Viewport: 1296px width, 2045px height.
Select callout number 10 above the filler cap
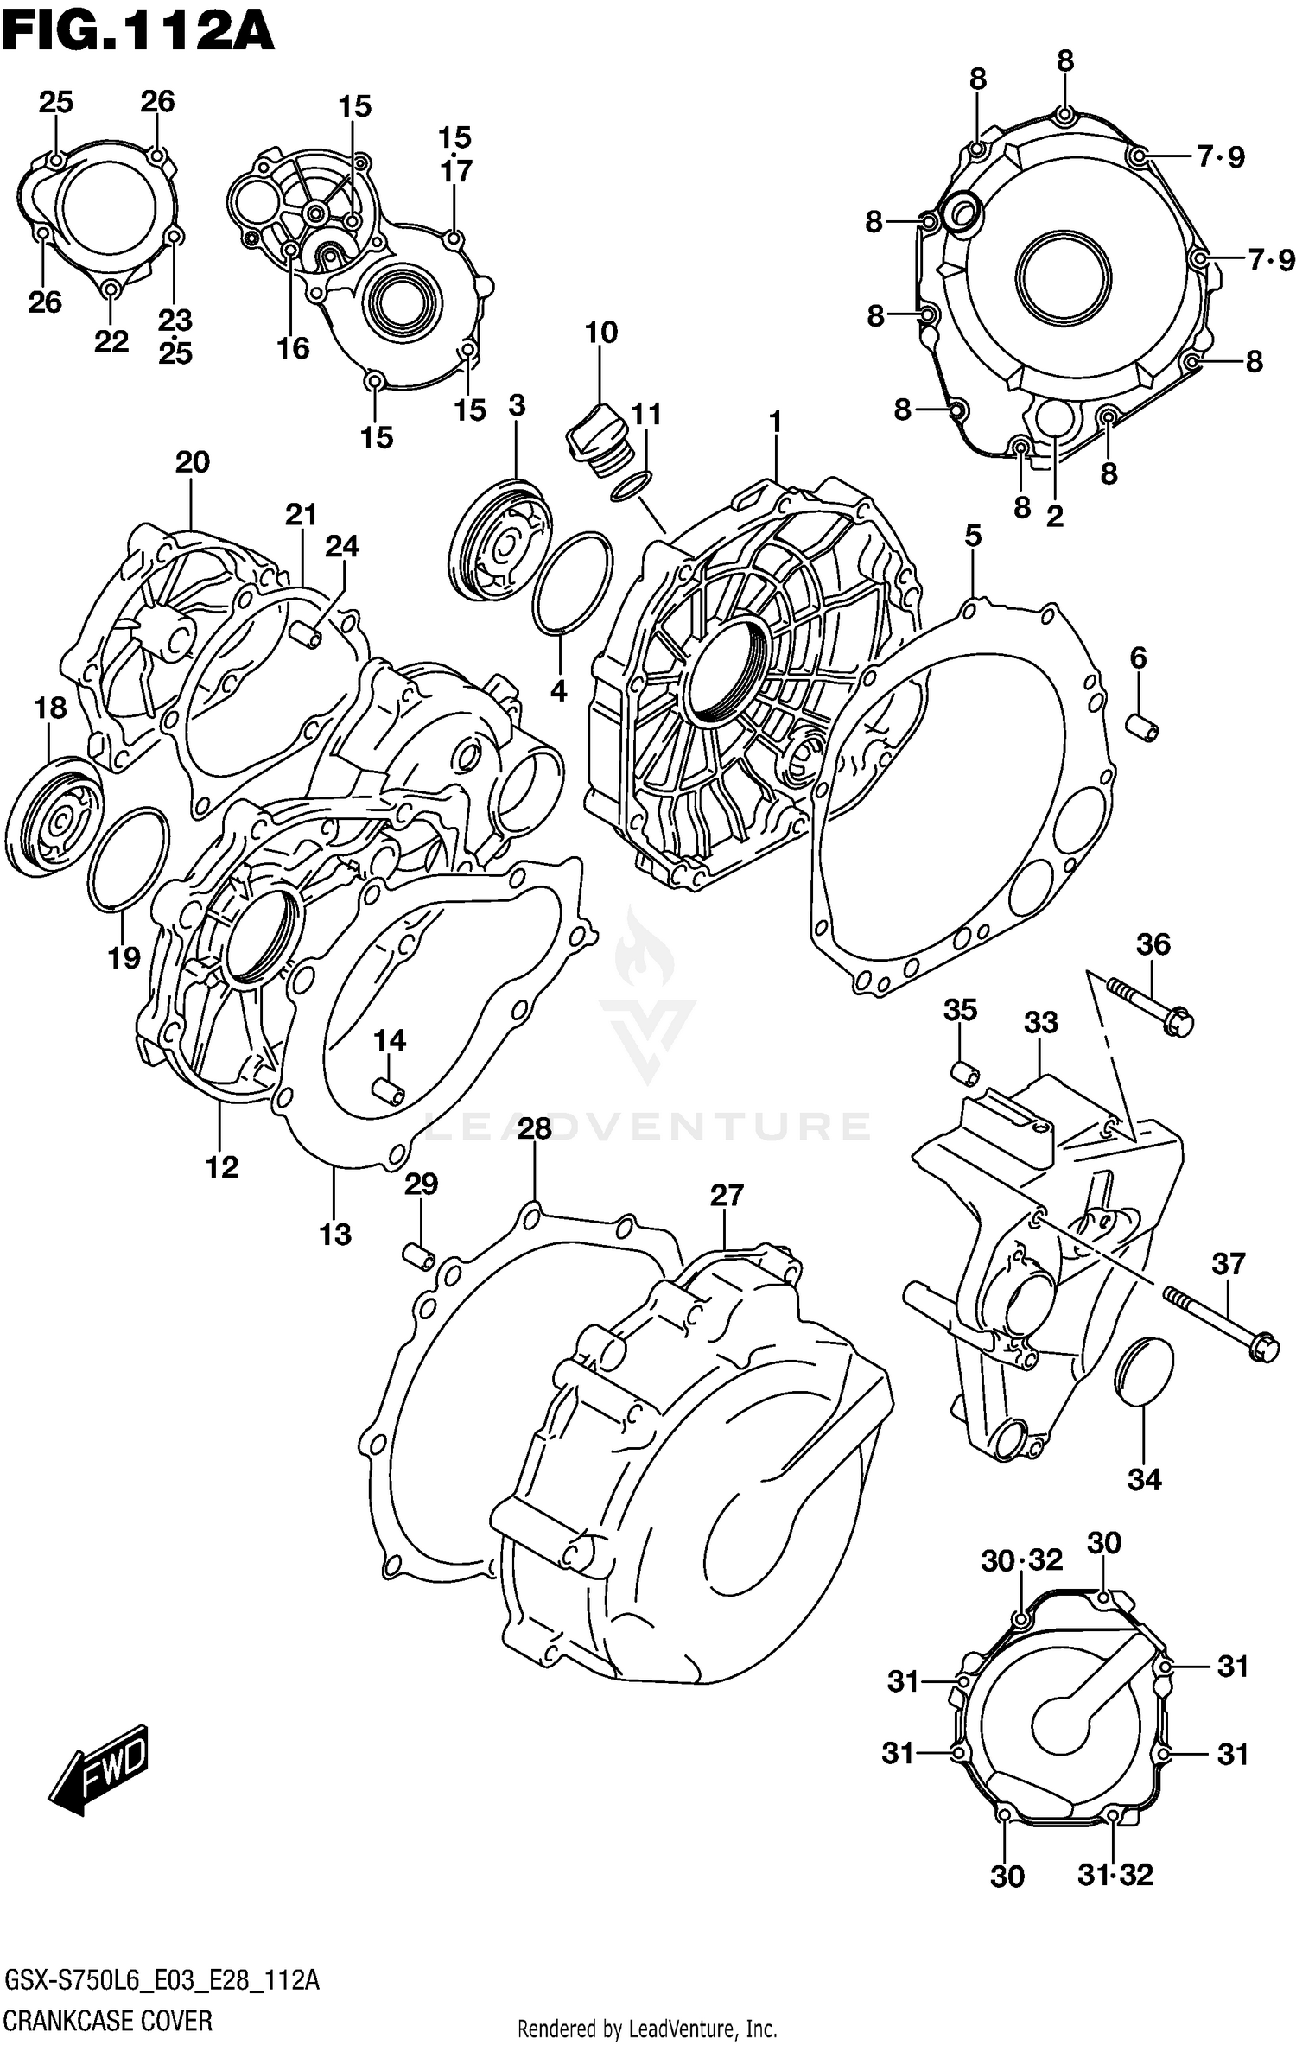(x=601, y=333)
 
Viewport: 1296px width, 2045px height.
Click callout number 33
(x=1040, y=1023)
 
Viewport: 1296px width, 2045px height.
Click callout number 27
(x=727, y=1195)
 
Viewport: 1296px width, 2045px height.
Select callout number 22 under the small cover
(x=111, y=342)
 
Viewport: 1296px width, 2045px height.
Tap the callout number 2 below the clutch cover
(x=1054, y=516)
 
